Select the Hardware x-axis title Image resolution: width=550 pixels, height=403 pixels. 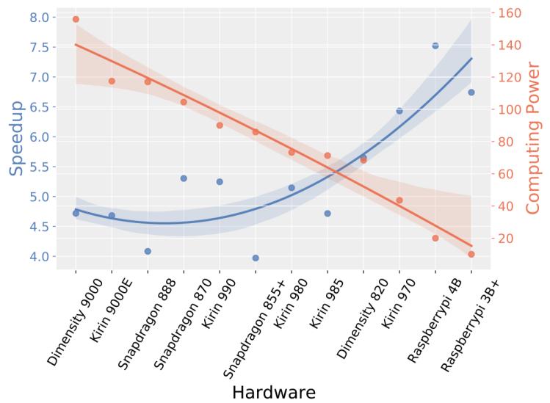[274, 391]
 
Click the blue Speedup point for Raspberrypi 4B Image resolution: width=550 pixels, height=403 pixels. [435, 46]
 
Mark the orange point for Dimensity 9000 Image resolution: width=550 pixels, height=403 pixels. [76, 19]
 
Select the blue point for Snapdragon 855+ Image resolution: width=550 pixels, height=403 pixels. [256, 258]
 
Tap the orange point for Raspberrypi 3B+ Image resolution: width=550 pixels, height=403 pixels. [471, 254]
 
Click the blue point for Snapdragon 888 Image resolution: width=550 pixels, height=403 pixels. [148, 251]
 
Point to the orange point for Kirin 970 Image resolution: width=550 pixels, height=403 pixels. [399, 200]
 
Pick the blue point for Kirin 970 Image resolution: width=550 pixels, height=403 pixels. [399, 111]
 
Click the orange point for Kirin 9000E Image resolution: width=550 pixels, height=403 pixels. [112, 81]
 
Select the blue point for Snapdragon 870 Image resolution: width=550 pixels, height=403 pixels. [184, 178]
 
